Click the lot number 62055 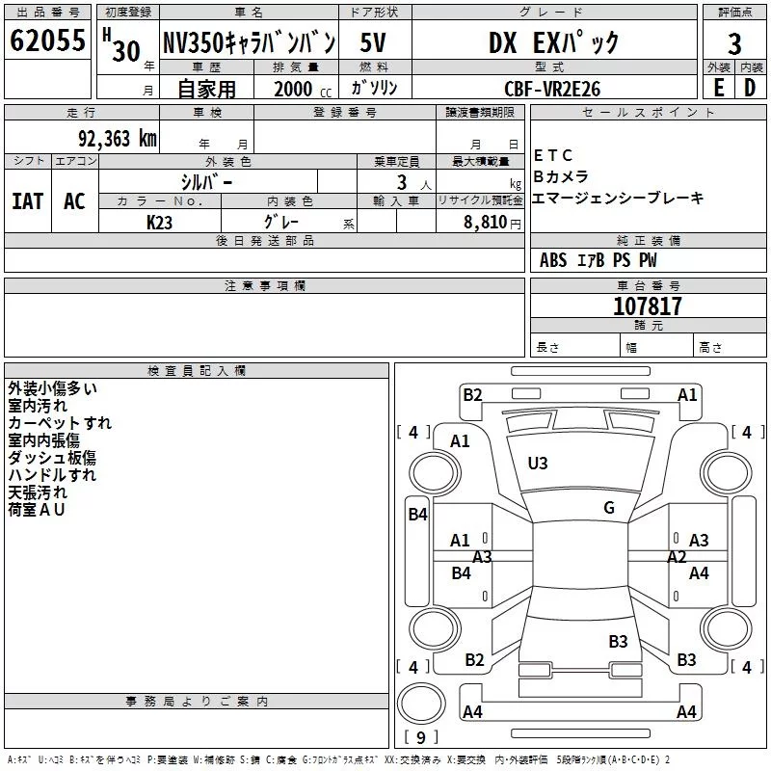[x=47, y=40]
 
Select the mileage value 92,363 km [x=118, y=139]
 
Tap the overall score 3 [x=734, y=44]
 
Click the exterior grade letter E [x=718, y=88]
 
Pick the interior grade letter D [x=750, y=88]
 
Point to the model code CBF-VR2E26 [x=552, y=89]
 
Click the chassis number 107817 [x=648, y=306]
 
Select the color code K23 [x=159, y=223]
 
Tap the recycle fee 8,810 [x=486, y=223]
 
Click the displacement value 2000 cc [x=303, y=89]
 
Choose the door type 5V [x=373, y=42]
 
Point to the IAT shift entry [x=28, y=201]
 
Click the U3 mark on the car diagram [x=538, y=464]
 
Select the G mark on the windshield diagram [x=609, y=508]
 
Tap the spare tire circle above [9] [x=421, y=704]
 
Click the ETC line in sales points [x=553, y=155]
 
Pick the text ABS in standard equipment [x=553, y=260]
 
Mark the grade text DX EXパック [x=553, y=43]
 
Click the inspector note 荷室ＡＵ [x=37, y=510]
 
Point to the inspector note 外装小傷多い [x=53, y=388]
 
